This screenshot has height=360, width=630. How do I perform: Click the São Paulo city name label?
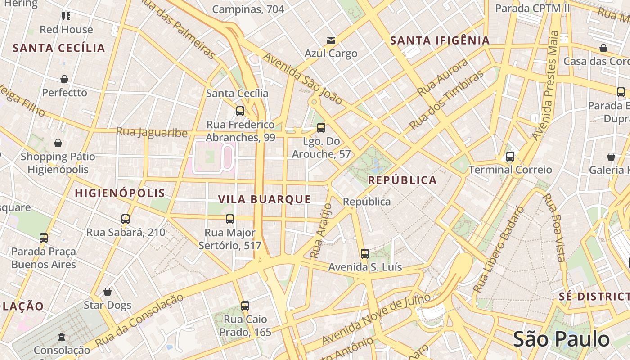(561, 339)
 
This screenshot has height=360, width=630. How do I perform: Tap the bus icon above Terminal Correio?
(510, 157)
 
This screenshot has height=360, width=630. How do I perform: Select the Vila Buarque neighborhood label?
(265, 199)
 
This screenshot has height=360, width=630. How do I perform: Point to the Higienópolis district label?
(120, 193)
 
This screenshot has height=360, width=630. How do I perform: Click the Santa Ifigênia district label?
(440, 40)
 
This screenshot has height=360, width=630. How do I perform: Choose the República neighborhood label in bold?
(402, 180)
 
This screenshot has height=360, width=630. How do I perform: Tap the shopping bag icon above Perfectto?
(64, 80)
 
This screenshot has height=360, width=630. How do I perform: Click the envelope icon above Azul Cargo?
(331, 40)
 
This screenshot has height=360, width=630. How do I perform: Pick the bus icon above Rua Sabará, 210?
(126, 219)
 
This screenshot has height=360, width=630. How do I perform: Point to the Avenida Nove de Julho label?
(376, 318)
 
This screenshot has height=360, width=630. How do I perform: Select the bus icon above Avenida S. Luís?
(365, 254)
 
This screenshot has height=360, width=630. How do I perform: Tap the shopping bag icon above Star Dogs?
(108, 292)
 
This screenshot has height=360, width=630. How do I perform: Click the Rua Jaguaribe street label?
(152, 132)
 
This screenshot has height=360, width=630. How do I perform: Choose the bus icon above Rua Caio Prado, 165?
(245, 306)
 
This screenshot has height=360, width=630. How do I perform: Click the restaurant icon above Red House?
(66, 17)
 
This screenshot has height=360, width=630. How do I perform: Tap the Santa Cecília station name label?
(237, 94)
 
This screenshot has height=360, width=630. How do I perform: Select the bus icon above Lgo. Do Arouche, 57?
(321, 128)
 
